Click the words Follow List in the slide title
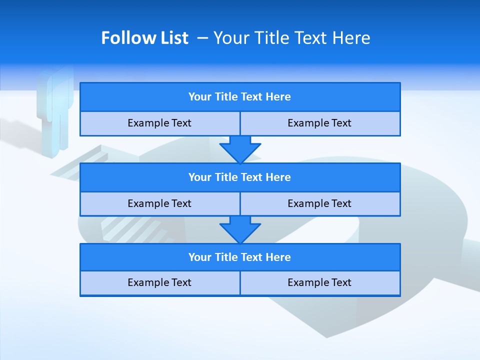[x=144, y=38]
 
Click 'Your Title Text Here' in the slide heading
[x=291, y=38]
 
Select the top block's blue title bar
[x=240, y=97]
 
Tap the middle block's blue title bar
[x=240, y=177]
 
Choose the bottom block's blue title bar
[x=240, y=257]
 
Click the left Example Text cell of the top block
[x=160, y=123]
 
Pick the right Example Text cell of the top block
[x=320, y=123]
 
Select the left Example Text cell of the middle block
[x=160, y=203]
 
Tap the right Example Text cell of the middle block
[x=320, y=203]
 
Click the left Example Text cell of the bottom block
[x=160, y=283]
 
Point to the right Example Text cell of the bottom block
[x=320, y=283]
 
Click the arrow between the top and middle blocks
[x=240, y=149]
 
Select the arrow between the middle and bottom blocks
[x=240, y=229]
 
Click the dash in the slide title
[x=203, y=38]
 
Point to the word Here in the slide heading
[x=354, y=38]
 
